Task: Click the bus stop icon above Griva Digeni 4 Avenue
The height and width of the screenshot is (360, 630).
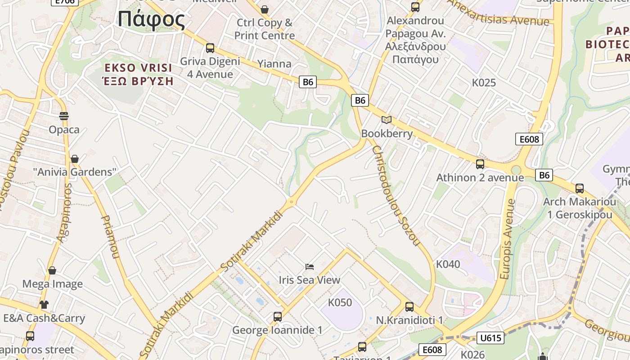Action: pos(210,48)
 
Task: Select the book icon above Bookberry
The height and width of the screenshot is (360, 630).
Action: pos(387,120)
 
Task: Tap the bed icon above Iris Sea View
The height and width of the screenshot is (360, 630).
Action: pos(309,267)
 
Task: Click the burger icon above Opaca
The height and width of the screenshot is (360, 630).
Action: pos(64,116)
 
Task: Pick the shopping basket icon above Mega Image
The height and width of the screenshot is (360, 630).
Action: pos(52,270)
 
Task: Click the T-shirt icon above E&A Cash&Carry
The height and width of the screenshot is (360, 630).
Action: pos(44,305)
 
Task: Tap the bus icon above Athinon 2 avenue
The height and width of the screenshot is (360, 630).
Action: pos(480,164)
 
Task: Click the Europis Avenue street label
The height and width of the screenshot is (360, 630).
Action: pos(508,238)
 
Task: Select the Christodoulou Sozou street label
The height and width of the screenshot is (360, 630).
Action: pos(396,196)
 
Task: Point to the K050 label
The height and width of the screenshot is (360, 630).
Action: pos(340,302)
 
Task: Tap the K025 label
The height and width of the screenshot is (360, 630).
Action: pos(484,82)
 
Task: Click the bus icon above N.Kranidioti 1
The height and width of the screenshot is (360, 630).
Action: pos(409,307)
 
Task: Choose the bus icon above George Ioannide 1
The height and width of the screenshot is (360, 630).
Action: pos(278,317)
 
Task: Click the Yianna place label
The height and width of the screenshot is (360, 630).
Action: pos(274,63)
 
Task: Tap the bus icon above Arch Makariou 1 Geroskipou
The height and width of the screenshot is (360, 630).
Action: pos(580,189)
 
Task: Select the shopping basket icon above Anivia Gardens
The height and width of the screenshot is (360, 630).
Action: pos(75,159)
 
